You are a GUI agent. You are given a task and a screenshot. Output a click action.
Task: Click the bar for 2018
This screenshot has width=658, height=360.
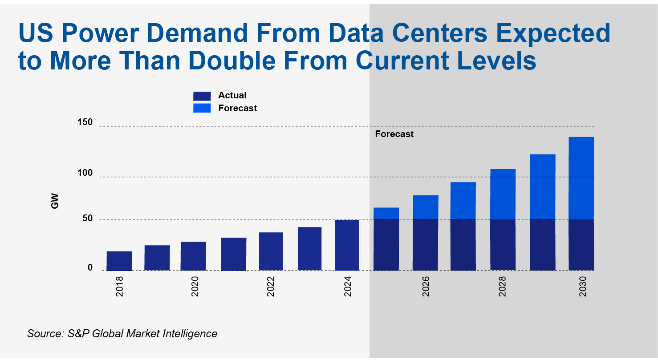[119, 261]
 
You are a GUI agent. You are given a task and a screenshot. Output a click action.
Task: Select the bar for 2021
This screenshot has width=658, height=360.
[233, 254]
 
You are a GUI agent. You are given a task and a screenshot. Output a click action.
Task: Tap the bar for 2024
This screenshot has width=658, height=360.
[347, 245]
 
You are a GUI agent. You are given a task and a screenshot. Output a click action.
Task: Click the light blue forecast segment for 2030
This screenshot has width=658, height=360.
[581, 178]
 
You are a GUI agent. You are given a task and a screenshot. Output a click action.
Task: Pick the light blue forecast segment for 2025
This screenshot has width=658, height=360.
[386, 214]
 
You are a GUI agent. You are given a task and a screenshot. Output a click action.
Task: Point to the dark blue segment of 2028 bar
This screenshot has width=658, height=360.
[503, 245]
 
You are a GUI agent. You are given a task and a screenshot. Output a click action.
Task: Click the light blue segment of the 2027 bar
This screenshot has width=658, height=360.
[463, 201]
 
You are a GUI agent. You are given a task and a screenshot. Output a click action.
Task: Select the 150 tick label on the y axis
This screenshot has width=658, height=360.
[85, 122]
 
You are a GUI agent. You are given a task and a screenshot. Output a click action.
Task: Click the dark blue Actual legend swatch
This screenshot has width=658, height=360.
[202, 96]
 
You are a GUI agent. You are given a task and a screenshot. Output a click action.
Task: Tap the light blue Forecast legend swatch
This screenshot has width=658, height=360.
[202, 108]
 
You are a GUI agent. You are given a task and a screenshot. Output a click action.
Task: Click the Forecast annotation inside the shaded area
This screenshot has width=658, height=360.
[394, 134]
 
